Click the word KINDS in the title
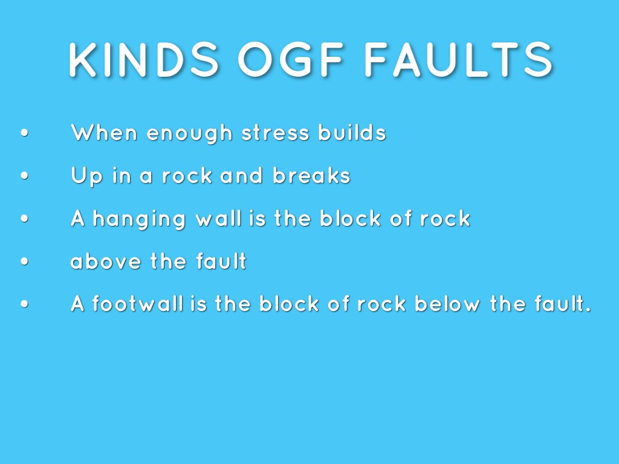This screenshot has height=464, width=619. coord(144,60)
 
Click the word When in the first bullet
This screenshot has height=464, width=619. coord(104,132)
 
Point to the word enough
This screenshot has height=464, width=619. coord(189,134)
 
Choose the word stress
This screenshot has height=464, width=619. coord(275,133)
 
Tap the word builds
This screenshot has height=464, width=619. coord(352,132)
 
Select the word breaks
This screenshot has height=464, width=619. coord(311,175)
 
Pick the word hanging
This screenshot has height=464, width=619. coord(139,219)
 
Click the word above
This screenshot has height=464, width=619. coord(105,261)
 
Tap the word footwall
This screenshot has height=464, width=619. coord(138,303)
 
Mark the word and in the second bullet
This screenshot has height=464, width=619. coord(241,176)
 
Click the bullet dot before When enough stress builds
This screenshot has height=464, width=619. coord(24,133)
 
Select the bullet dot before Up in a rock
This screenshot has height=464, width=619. coord(24,176)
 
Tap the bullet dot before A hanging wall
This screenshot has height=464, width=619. coord(24,218)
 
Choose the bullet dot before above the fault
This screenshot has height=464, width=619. coord(24,261)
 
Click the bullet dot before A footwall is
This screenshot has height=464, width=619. coord(24,304)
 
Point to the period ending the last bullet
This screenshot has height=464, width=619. coord(588,310)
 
